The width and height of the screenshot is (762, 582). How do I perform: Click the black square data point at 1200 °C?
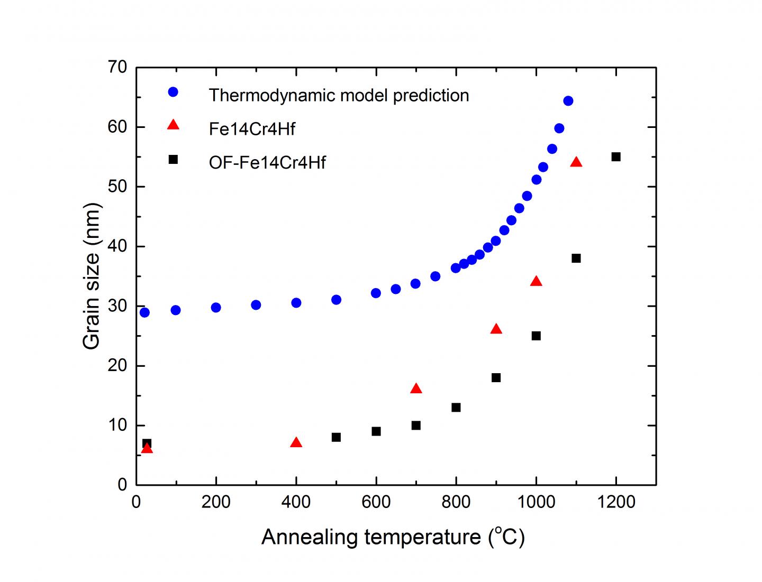[616, 157]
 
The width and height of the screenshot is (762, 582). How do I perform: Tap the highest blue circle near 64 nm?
[568, 101]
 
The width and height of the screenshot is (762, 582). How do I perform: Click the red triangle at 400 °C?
[296, 443]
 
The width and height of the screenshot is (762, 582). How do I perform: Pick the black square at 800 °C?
[456, 408]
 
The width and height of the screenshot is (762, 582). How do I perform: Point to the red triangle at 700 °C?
[416, 389]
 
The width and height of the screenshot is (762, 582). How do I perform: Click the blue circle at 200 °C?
[216, 308]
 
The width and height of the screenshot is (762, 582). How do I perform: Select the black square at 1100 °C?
[576, 258]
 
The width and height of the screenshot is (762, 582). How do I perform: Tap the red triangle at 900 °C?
[496, 329]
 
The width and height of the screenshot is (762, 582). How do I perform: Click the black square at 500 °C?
[336, 437]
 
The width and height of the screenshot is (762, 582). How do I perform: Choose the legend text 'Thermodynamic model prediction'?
[339, 95]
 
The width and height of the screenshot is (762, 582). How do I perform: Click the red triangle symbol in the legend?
[173, 125]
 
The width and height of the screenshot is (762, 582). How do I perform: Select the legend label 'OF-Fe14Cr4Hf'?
[267, 162]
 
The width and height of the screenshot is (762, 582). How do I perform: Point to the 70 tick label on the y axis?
[116, 67]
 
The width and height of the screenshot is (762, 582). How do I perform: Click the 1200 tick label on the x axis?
[616, 502]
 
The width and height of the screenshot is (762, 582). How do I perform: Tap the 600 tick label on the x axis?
[376, 502]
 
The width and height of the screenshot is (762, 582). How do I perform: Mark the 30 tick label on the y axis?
[116, 307]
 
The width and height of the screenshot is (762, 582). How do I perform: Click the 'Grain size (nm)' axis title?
[92, 276]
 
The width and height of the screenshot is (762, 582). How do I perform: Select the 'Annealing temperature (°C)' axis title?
[393, 537]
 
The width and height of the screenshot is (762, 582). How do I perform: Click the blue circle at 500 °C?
[336, 300]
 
